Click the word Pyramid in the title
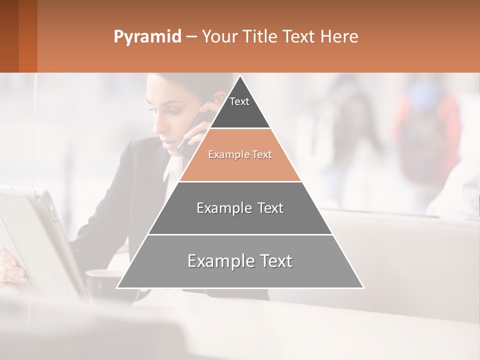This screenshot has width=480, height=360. [x=147, y=37]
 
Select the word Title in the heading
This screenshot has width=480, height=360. [x=260, y=37]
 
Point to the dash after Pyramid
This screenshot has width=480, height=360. [x=191, y=37]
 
